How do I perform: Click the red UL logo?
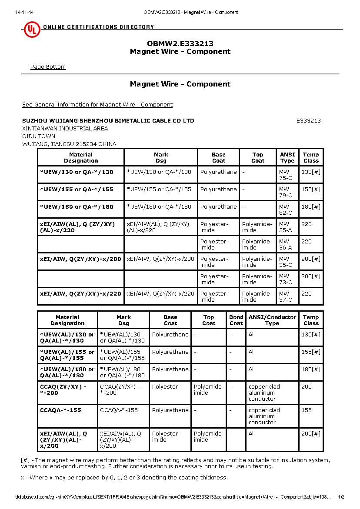point(31,29)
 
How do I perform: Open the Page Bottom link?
point(48,67)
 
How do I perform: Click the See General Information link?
point(97,105)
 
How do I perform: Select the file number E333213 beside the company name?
point(308,121)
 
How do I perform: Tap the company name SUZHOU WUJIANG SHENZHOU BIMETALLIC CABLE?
point(108,121)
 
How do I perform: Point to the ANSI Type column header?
point(287,157)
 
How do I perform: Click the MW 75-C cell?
point(285,175)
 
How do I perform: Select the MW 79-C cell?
point(285,192)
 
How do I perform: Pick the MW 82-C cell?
point(285,210)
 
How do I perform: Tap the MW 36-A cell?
point(285,244)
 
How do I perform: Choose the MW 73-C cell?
point(285,279)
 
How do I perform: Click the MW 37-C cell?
point(285,296)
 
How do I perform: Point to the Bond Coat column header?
point(236,320)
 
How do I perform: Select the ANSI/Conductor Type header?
point(272,320)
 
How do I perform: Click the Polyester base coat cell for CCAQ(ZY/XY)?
point(165,387)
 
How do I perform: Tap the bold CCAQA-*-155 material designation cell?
point(60,410)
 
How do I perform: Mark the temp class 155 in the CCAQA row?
point(307,410)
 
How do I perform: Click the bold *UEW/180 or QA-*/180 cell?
point(77,207)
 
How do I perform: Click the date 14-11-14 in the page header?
point(24,12)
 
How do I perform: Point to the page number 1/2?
point(340,497)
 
